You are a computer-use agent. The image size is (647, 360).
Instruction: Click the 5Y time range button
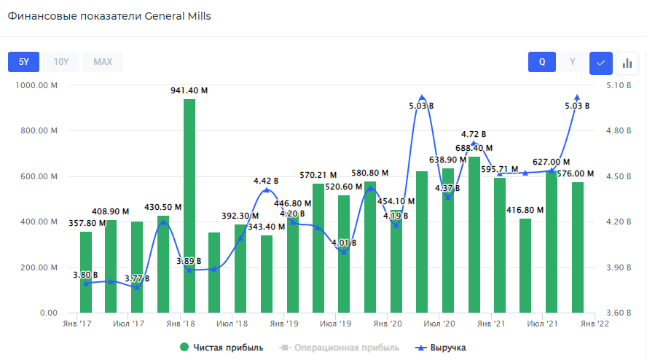pyautogui.click(x=24, y=62)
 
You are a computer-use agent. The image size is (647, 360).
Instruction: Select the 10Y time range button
pyautogui.click(x=61, y=62)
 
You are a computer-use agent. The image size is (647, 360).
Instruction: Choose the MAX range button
pyautogui.click(x=103, y=62)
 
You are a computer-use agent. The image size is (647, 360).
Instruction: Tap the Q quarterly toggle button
pyautogui.click(x=542, y=62)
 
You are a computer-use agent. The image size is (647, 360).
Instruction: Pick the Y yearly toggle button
pyautogui.click(x=573, y=62)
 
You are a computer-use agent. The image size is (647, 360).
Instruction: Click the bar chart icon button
pyautogui.click(x=627, y=63)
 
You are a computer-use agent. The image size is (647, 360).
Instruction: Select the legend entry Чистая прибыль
pyautogui.click(x=221, y=348)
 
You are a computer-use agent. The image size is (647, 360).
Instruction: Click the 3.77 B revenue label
pyautogui.click(x=138, y=278)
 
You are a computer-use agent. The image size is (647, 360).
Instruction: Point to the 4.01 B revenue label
pyautogui.click(x=344, y=243)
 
